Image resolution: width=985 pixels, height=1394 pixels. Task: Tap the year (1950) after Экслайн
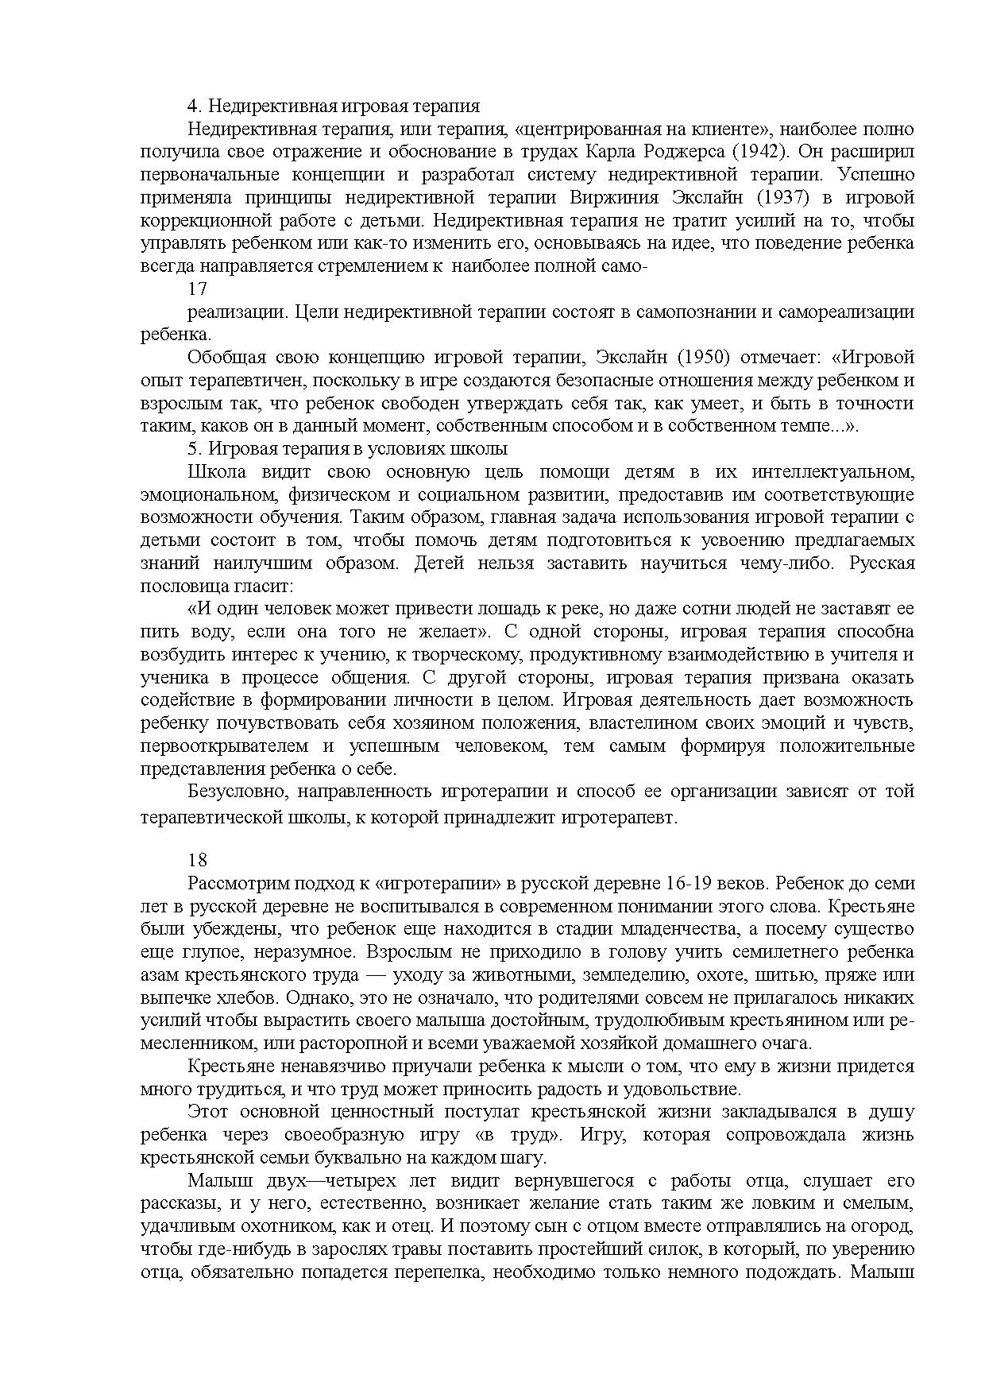point(743,358)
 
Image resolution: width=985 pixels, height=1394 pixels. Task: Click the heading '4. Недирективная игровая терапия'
point(333,106)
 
